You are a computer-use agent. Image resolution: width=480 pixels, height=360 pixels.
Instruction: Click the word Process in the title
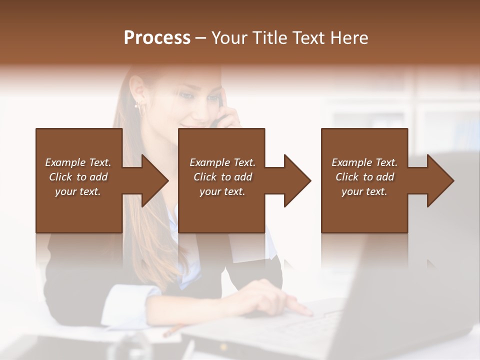click(x=157, y=38)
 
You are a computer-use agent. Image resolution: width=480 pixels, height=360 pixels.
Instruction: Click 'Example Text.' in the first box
click(x=78, y=162)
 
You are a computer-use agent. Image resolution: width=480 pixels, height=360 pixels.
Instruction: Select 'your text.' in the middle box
click(x=222, y=191)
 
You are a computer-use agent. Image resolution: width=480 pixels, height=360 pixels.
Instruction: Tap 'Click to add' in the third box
click(x=364, y=177)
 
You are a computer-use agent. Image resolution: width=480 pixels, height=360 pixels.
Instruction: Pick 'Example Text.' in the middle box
click(x=222, y=162)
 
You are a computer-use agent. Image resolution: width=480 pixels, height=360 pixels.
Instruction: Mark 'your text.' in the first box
click(x=78, y=191)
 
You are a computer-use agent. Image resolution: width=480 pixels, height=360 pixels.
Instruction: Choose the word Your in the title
click(x=229, y=38)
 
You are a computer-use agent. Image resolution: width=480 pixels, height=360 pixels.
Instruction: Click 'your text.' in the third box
click(x=364, y=191)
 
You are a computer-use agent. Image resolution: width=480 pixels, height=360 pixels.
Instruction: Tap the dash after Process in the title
click(x=200, y=38)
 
